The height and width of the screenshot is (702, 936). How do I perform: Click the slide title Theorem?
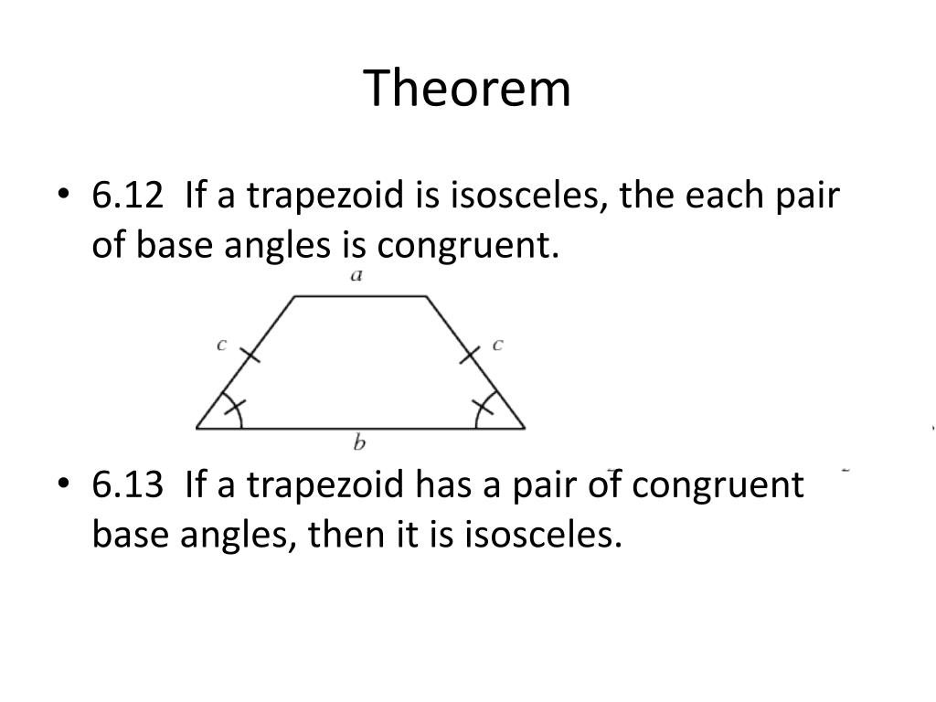tap(468, 89)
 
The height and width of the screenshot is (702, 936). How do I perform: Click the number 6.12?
tap(127, 196)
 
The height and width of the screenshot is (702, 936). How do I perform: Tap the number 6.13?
tap(127, 484)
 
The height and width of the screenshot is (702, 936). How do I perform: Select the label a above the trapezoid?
tap(357, 275)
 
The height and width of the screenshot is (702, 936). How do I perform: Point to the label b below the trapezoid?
tap(359, 443)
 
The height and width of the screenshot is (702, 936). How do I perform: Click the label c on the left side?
tap(221, 345)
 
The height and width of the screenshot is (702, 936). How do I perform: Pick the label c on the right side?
tap(497, 345)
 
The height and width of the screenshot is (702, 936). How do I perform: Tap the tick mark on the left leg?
tap(249, 355)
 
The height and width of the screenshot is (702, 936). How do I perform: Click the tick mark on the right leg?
tap(470, 355)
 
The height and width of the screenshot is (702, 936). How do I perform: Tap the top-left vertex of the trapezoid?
tap(294, 296)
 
